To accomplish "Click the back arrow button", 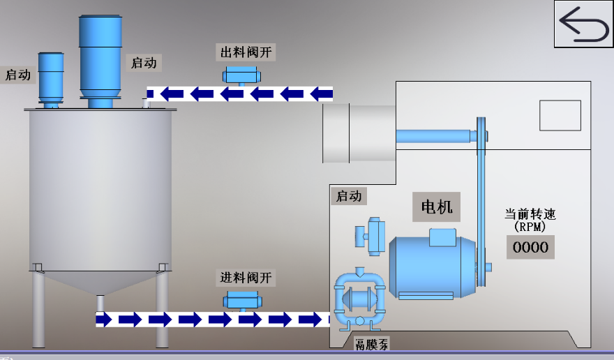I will [583, 24].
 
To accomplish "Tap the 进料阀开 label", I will [246, 278].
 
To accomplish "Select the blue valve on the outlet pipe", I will [241, 75].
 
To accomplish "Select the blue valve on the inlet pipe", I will [242, 301].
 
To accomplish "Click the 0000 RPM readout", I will [530, 246].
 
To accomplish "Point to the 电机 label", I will [437, 207].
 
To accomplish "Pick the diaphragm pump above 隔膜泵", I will [360, 300].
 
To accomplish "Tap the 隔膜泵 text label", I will [371, 344].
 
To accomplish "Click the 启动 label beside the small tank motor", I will [18, 75].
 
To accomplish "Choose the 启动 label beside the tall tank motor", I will [144, 62].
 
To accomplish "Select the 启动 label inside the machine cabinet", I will [348, 196].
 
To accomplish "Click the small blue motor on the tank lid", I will [50, 77].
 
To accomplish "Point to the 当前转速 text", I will [530, 214].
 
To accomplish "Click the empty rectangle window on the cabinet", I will [560, 115].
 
